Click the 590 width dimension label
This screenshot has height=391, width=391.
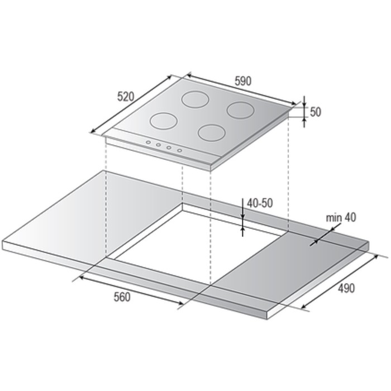pyautogui.click(x=243, y=81)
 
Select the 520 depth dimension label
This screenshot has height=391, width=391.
pyautogui.click(x=126, y=97)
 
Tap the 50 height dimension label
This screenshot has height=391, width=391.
pyautogui.click(x=315, y=112)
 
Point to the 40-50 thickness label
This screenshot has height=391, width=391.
pyautogui.click(x=260, y=203)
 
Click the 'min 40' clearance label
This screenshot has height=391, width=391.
pyautogui.click(x=341, y=217)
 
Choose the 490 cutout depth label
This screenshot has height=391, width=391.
pyautogui.click(x=346, y=288)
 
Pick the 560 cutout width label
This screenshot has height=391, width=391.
pyautogui.click(x=122, y=297)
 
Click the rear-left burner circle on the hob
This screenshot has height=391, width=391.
pyautogui.click(x=195, y=99)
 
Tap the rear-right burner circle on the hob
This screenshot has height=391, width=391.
pyautogui.click(x=240, y=110)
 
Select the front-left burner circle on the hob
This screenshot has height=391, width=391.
pyautogui.click(x=164, y=121)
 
